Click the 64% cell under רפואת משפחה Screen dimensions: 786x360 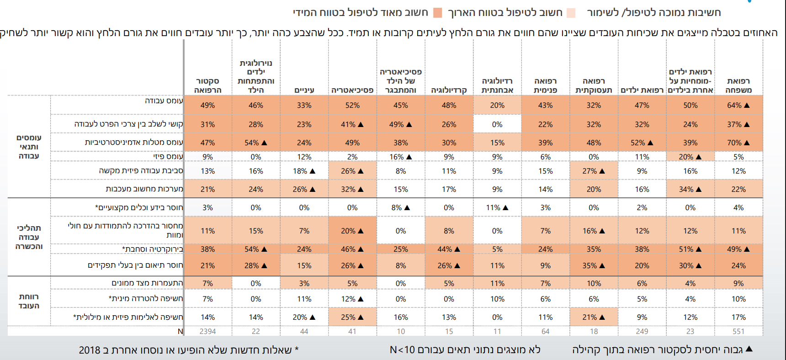point(738,105)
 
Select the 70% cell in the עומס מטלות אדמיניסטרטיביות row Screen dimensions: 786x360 point(738,143)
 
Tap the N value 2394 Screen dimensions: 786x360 point(207,331)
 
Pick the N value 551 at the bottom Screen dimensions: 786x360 point(738,331)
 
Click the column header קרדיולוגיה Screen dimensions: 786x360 point(449,90)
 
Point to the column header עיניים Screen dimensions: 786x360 point(304,90)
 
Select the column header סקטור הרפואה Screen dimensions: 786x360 point(207,85)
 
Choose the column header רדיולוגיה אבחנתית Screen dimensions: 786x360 point(497,85)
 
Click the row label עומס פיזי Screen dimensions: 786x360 point(168,157)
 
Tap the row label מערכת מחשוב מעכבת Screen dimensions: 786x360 point(144,189)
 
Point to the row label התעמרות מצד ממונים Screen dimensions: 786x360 point(147,283)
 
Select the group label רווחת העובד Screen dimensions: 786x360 point(29,301)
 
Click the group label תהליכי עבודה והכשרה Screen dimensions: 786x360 point(29,237)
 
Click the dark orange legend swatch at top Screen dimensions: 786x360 point(438,13)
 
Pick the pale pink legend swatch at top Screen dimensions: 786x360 point(571,13)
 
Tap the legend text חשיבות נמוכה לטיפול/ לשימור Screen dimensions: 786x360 point(654,13)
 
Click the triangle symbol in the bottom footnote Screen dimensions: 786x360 point(749,349)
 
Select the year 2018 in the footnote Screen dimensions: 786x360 point(90,350)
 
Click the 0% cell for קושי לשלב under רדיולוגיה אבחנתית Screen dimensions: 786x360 point(497,124)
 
